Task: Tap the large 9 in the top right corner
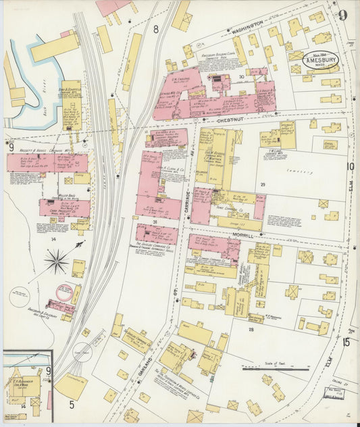pyautogui.click(x=343, y=15)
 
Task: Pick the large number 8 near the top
pyautogui.click(x=156, y=29)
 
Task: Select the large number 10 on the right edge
pyautogui.click(x=351, y=166)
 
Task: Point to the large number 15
pyautogui.click(x=346, y=343)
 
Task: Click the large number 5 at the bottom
pyautogui.click(x=71, y=405)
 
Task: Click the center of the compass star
pyautogui.click(x=56, y=260)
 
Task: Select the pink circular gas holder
pyautogui.click(x=65, y=292)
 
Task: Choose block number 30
pyautogui.click(x=241, y=77)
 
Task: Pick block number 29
pyautogui.click(x=264, y=184)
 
